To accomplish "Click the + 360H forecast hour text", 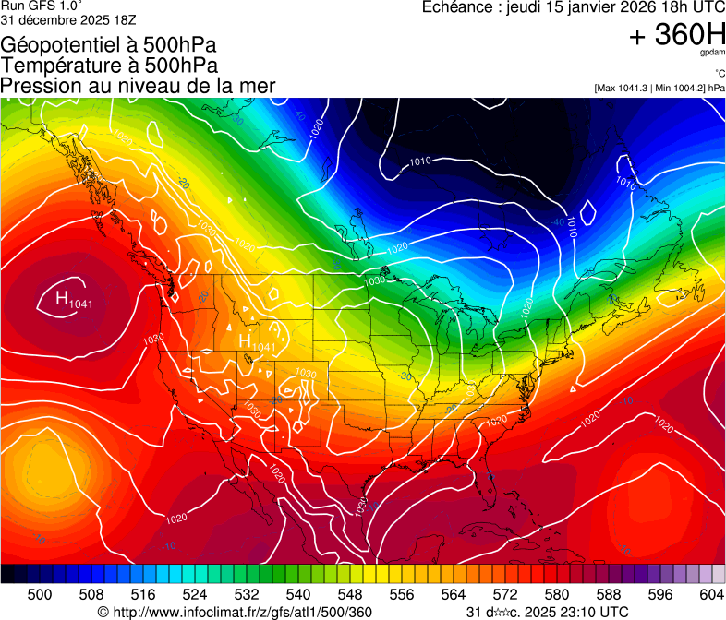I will [x=676, y=36].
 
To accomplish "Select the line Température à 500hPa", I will [x=109, y=66].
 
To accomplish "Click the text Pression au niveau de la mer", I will [x=138, y=86].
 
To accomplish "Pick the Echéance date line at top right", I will [x=573, y=7].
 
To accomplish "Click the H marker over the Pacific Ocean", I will [x=63, y=298].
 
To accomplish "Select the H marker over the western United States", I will [x=246, y=341].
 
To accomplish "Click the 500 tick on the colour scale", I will [x=40, y=594].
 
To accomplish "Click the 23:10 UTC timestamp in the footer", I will [x=590, y=612].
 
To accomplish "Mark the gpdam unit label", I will [x=712, y=54].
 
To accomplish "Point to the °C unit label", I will [x=719, y=73].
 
